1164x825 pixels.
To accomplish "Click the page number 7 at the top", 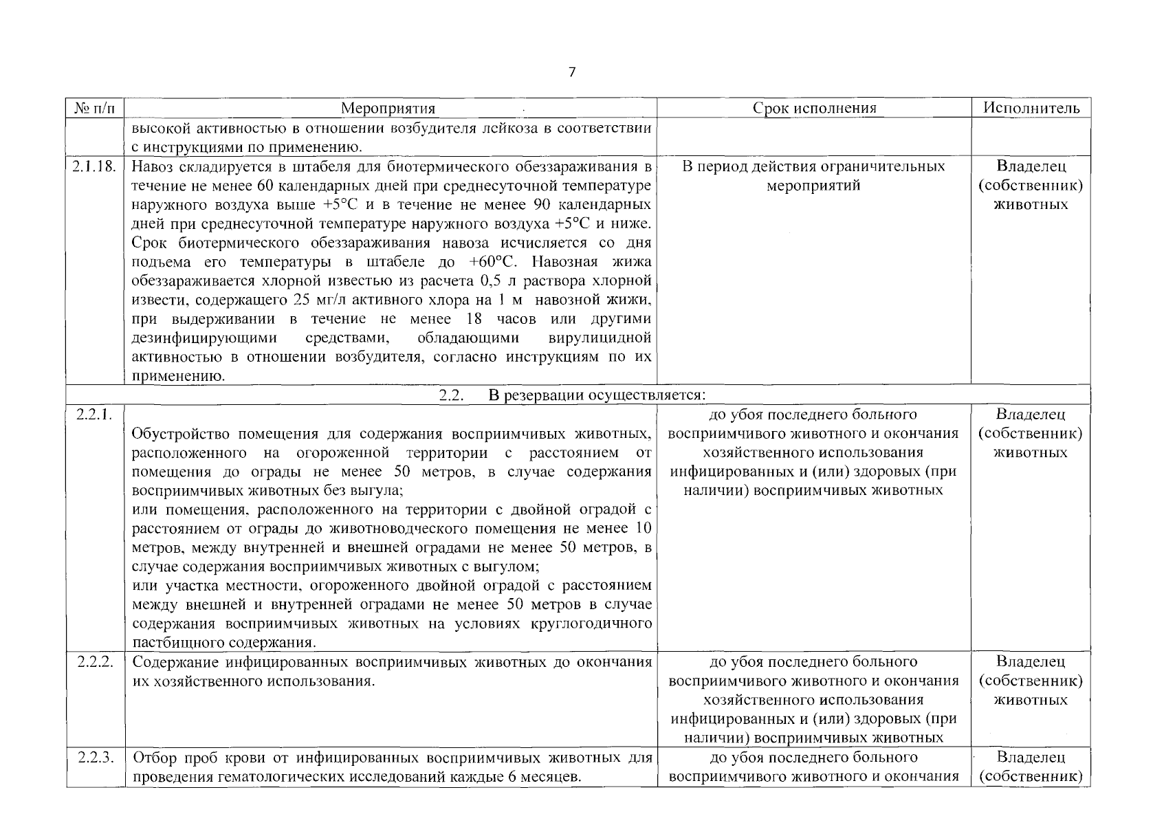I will click(x=572, y=72).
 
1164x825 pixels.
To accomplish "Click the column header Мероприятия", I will click(x=388, y=109).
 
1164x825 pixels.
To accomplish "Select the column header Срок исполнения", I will click(x=814, y=108).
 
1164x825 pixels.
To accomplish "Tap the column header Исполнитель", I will click(x=1031, y=108).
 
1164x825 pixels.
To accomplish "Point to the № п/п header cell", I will click(x=96, y=109).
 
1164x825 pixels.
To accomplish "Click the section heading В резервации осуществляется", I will click(x=596, y=395).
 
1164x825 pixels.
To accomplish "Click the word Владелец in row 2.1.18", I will click(x=1030, y=166).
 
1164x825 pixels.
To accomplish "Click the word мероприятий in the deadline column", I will click(x=813, y=186).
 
